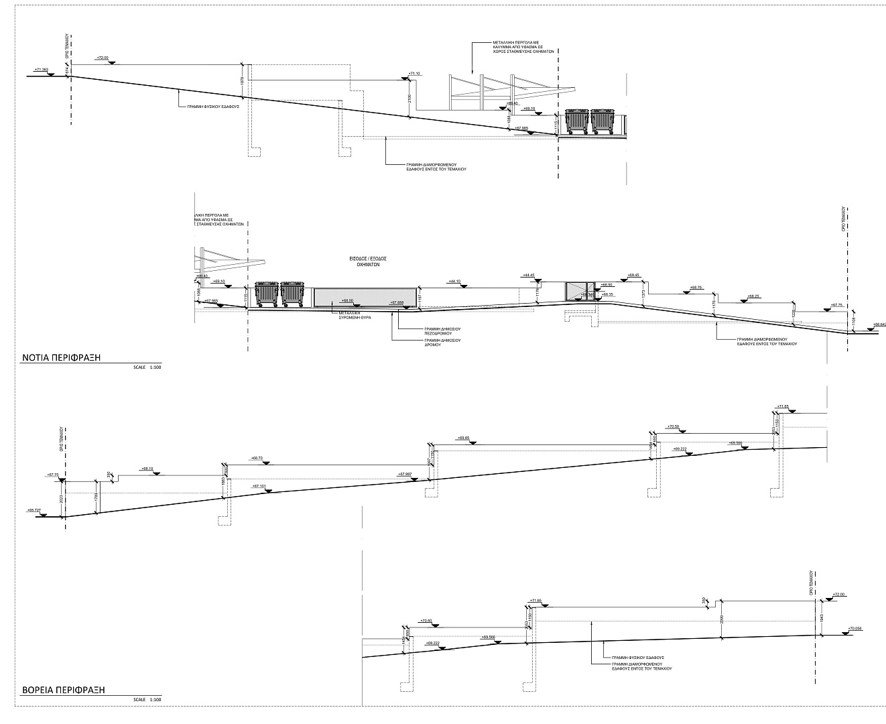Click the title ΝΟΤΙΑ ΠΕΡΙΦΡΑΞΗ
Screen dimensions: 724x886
(x=61, y=357)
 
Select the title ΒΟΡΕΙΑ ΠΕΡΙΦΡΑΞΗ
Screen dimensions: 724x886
(x=64, y=690)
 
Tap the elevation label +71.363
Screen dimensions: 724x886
(x=41, y=69)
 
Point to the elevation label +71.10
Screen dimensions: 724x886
(x=414, y=73)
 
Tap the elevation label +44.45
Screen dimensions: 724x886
(x=528, y=275)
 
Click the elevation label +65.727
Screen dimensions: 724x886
(x=34, y=510)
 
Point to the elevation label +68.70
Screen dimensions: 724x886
(x=257, y=458)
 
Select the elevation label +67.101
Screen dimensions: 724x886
(x=259, y=486)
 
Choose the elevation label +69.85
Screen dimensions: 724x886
(x=463, y=438)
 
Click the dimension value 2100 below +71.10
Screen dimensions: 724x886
(x=408, y=98)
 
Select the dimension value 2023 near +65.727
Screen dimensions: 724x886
(x=61, y=499)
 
